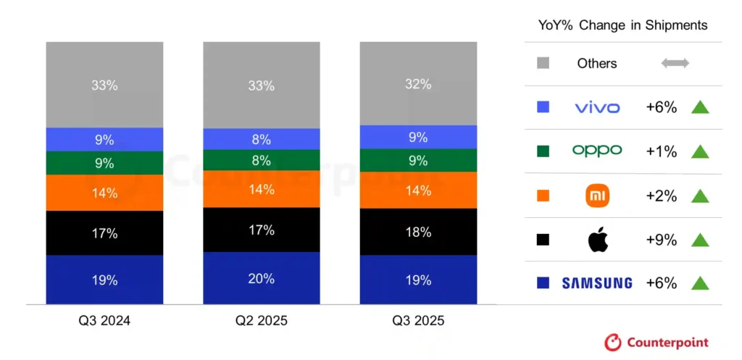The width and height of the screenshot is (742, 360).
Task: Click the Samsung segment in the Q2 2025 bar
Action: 262,278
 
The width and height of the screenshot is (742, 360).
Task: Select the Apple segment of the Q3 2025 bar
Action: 418,232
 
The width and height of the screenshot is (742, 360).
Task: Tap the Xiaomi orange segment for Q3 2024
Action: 104,193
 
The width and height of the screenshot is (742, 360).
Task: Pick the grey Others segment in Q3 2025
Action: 418,83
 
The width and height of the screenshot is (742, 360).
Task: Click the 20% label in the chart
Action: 262,279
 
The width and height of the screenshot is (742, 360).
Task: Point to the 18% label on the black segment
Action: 418,233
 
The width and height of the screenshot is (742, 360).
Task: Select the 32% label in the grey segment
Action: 418,84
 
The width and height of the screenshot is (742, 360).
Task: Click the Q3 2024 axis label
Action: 104,321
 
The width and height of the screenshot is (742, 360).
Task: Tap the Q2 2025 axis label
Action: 262,321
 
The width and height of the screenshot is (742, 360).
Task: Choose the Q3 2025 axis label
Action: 418,321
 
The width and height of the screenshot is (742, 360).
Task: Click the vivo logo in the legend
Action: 597,108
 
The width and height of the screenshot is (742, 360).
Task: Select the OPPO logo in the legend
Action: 597,151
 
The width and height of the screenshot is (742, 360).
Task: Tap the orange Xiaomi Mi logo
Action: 597,196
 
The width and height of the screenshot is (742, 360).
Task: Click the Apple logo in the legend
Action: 597,239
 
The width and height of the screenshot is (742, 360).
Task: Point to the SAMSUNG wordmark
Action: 597,283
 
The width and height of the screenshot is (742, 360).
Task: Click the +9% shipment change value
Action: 661,240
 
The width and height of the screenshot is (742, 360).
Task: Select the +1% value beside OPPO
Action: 661,151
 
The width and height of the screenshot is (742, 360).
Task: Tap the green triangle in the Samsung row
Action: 699,283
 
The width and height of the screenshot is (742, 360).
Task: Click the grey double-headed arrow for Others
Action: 675,64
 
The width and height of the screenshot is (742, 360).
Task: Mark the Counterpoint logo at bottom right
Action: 656,343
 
